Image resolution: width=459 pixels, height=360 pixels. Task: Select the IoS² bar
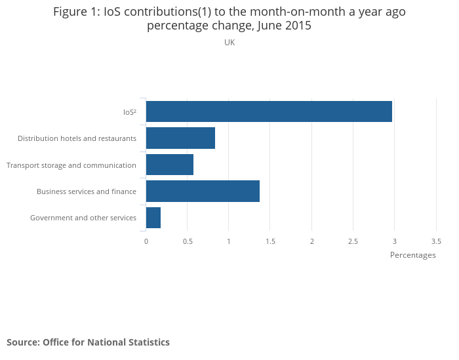coord(269,111)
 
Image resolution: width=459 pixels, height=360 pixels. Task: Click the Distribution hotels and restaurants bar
coord(180,138)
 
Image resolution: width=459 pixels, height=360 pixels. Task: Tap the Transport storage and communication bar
coord(170,165)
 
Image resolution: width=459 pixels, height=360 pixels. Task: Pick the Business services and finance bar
coord(203,191)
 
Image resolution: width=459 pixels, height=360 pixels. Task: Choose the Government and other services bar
coord(153,218)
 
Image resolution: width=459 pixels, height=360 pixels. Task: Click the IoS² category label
coord(130,112)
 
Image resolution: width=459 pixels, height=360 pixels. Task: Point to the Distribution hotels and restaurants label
coord(77,138)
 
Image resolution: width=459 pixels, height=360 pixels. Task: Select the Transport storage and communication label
coord(71,165)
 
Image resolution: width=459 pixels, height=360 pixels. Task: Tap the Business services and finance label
coord(87,191)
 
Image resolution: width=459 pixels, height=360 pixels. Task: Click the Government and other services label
coord(83,218)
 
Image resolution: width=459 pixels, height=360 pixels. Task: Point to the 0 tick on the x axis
coord(146,241)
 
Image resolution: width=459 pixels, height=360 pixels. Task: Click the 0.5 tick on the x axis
coord(188,241)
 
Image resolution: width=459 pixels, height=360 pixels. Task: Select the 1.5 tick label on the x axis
coord(270,241)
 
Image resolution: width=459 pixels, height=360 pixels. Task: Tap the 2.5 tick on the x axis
coord(353,241)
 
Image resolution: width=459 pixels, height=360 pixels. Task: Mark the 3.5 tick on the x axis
coord(436,241)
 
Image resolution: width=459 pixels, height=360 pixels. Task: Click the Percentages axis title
coord(412,255)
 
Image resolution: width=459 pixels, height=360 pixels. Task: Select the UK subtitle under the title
coord(229,43)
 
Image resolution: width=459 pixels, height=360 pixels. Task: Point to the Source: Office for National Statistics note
coord(88,342)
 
